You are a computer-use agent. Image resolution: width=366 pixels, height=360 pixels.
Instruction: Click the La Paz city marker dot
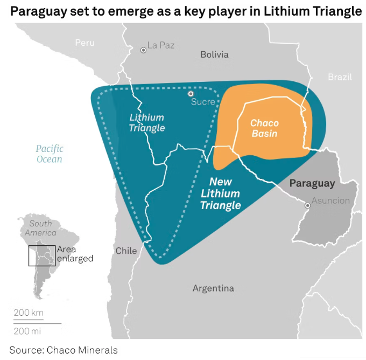pyautogui.click(x=144, y=50)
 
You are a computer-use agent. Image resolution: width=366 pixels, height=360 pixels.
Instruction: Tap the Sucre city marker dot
pyautogui.click(x=191, y=94)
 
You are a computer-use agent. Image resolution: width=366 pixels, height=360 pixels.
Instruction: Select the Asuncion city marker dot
pyautogui.click(x=307, y=205)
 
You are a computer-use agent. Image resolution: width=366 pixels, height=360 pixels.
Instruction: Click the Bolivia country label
pyautogui.click(x=214, y=54)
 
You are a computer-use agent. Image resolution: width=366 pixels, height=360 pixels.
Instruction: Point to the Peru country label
pyautogui.click(x=85, y=43)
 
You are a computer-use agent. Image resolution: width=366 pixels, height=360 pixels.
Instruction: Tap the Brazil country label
pyautogui.click(x=340, y=77)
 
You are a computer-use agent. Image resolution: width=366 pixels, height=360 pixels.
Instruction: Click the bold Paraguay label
pyautogui.click(x=312, y=183)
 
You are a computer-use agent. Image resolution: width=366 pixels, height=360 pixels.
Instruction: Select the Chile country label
pyautogui.click(x=126, y=251)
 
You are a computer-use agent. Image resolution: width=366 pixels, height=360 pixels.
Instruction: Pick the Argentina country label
pyautogui.click(x=213, y=288)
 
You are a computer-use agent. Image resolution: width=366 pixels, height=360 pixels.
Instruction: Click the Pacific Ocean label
pyautogui.click(x=50, y=154)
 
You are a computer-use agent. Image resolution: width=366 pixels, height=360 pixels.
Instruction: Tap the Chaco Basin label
pyautogui.click(x=264, y=128)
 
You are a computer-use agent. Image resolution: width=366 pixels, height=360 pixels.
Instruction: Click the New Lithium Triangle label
pyautogui.click(x=221, y=193)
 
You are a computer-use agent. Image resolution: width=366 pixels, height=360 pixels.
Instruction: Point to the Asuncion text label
pyautogui.click(x=330, y=201)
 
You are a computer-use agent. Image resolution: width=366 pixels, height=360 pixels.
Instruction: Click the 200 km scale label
pyautogui.click(x=29, y=313)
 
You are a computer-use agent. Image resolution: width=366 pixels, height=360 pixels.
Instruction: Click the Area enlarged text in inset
pyautogui.click(x=74, y=254)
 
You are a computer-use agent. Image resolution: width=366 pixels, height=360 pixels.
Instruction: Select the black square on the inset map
pyautogui.click(x=42, y=255)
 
